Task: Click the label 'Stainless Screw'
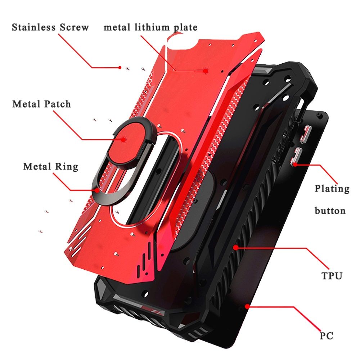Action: [50, 27]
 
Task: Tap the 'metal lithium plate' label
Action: [150, 27]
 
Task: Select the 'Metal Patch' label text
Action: [41, 104]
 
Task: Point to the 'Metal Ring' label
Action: [51, 166]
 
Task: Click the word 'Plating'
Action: [332, 189]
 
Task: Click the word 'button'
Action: [330, 211]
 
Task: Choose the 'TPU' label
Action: [332, 275]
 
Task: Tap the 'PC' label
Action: [327, 336]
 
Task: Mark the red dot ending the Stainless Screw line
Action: [120, 68]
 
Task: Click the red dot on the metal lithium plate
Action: [206, 71]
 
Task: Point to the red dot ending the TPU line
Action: [235, 248]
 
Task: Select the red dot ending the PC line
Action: [247, 306]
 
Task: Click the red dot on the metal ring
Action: [98, 190]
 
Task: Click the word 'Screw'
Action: [75, 27]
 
